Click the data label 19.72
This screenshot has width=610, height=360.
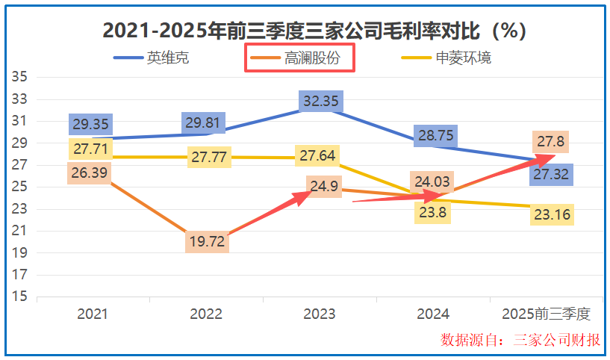206,242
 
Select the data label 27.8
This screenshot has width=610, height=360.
553,142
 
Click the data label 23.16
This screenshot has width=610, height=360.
553,215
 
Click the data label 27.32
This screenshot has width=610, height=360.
553,175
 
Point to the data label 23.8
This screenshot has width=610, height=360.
432,212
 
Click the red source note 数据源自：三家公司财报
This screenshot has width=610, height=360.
520,341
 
